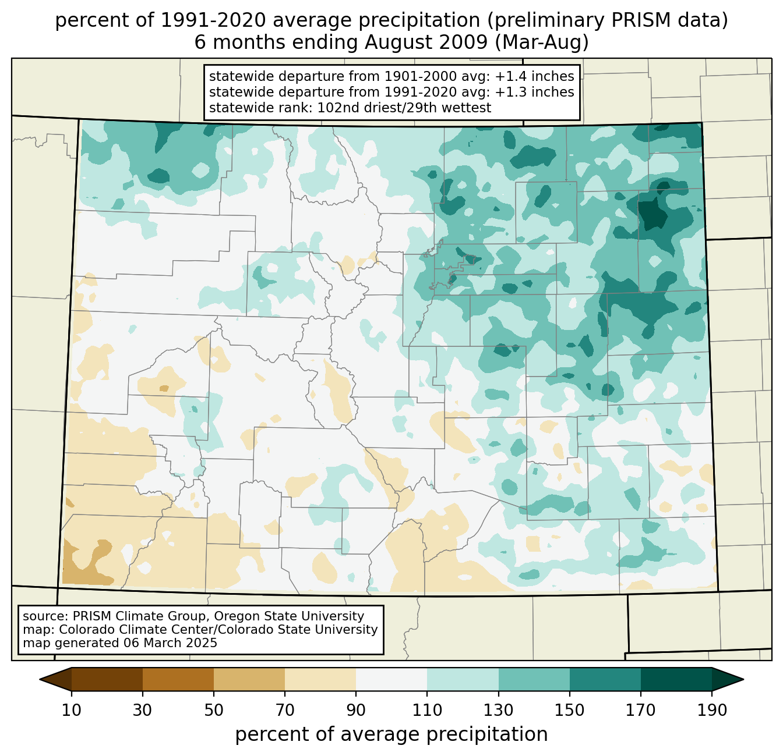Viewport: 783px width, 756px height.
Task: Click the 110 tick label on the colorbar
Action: pyautogui.click(x=427, y=711)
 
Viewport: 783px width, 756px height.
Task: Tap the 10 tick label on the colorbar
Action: pyautogui.click(x=72, y=711)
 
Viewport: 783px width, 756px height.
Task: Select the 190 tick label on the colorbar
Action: pyautogui.click(x=712, y=711)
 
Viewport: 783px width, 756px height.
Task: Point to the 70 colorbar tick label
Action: pyautogui.click(x=285, y=711)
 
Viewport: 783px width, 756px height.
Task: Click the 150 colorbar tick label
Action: pyautogui.click(x=570, y=711)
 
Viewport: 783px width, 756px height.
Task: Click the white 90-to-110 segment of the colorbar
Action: pyautogui.click(x=391, y=679)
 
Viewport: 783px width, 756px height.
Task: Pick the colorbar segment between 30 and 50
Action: pyautogui.click(x=178, y=679)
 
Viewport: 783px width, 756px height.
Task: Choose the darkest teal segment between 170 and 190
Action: pyautogui.click(x=676, y=679)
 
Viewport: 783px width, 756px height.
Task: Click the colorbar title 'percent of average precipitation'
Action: pyautogui.click(x=391, y=734)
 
